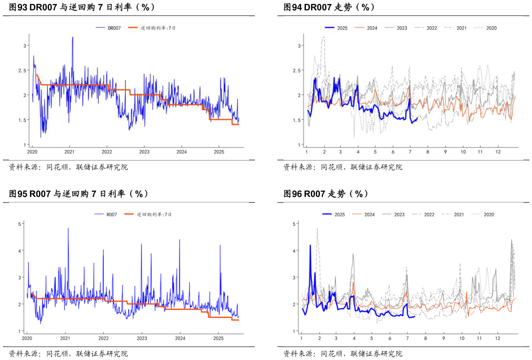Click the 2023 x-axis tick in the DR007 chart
(x=144, y=152)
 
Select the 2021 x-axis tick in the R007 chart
(x=65, y=338)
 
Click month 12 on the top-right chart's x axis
(x=498, y=152)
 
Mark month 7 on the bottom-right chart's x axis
(x=407, y=338)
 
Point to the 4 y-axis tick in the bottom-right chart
(x=294, y=251)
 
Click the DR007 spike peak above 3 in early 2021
(x=72, y=37)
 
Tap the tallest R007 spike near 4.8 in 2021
(x=68, y=229)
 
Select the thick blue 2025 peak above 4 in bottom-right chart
(x=310, y=245)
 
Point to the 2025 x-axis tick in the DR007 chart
(x=219, y=152)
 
